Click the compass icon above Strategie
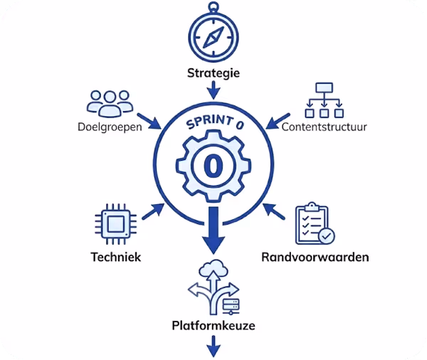pos(213,35)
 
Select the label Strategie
pos(213,73)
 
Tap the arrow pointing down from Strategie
pos(213,91)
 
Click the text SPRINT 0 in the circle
pos(213,123)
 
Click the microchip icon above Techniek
pos(113,222)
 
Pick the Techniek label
pos(114,256)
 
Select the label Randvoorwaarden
pos(314,256)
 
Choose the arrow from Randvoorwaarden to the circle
pos(274,211)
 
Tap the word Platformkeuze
pos(213,327)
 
